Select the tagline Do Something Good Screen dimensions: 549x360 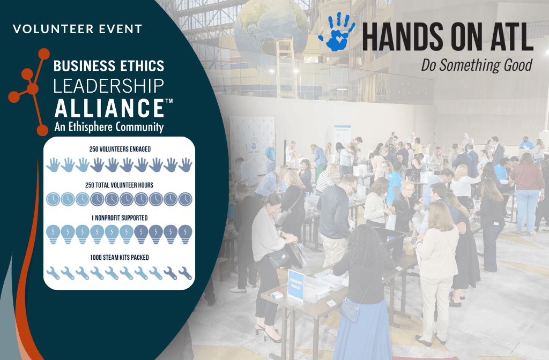coord(477,65)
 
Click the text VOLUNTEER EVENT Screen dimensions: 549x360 coord(77,29)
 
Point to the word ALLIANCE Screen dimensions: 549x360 coord(109,108)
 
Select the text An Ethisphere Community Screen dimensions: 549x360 coord(109,126)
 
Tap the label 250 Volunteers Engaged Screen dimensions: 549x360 coord(120,149)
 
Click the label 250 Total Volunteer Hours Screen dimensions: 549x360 coord(120,185)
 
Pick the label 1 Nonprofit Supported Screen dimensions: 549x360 coord(120,218)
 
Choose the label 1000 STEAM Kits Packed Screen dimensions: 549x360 coord(120,258)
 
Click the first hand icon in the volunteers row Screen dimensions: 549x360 coord(53,165)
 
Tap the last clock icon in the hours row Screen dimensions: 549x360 coord(185,199)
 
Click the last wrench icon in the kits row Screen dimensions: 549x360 coord(185,273)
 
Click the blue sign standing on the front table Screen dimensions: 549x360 coord(295,285)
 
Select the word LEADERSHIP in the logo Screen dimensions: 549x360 coord(108,86)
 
